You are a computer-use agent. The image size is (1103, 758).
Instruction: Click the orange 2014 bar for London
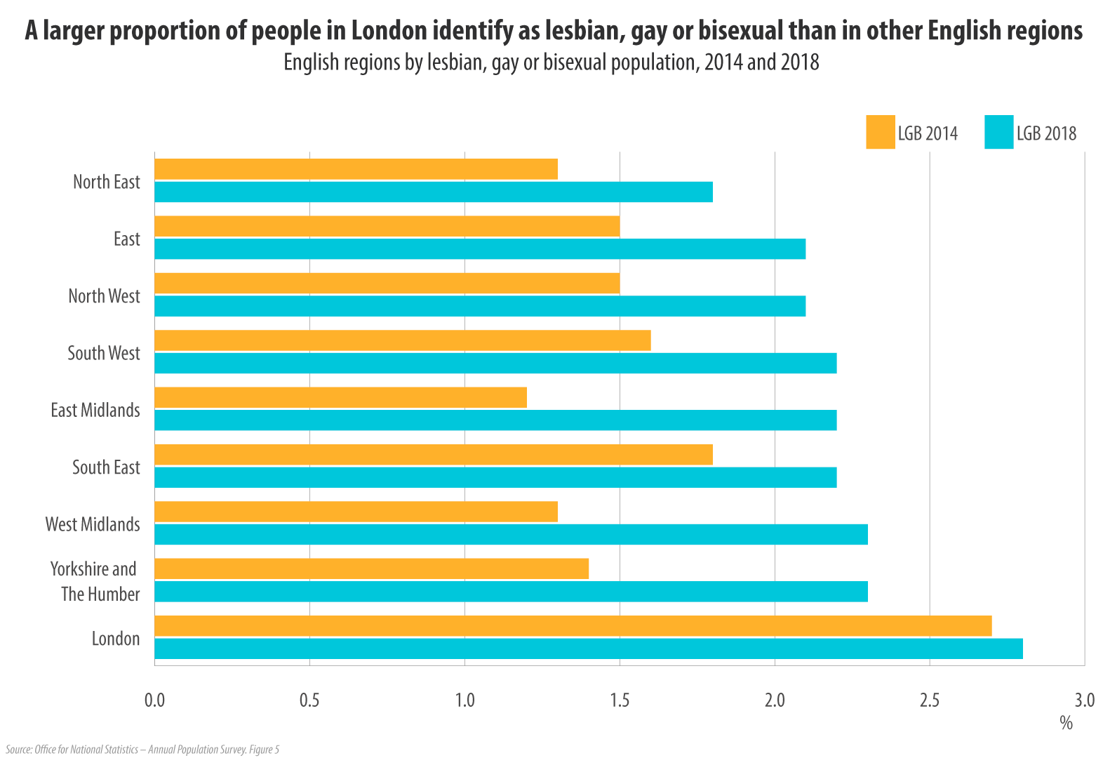coord(573,626)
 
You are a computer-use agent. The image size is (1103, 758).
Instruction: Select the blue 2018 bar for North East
coord(433,192)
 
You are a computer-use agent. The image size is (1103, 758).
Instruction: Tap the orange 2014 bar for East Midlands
coord(340,397)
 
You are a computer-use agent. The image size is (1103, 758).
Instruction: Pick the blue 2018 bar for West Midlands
coord(511,534)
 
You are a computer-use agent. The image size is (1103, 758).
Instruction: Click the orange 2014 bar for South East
coord(433,455)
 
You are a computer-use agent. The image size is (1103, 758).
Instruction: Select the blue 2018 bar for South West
coord(495,363)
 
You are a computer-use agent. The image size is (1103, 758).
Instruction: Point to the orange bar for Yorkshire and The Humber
coord(371,568)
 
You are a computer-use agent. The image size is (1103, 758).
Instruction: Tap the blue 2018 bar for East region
coord(480,248)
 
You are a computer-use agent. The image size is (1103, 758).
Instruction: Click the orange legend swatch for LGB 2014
coord(880,132)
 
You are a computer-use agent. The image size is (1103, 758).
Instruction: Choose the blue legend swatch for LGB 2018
coord(998,132)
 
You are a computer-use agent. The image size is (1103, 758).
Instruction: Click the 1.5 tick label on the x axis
coord(620,700)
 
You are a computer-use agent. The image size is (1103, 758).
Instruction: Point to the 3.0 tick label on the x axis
coord(1084,700)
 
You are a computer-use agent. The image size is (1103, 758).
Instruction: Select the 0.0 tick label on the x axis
coord(154,700)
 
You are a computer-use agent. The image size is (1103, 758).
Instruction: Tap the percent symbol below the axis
coord(1066,723)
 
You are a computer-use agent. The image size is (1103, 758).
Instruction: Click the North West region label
coord(104,296)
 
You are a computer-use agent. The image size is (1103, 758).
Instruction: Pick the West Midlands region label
coord(93,524)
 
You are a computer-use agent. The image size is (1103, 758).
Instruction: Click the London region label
coord(116,639)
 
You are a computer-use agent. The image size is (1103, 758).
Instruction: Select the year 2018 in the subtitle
coord(800,62)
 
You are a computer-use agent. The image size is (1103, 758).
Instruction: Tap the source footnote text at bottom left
coord(142,750)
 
